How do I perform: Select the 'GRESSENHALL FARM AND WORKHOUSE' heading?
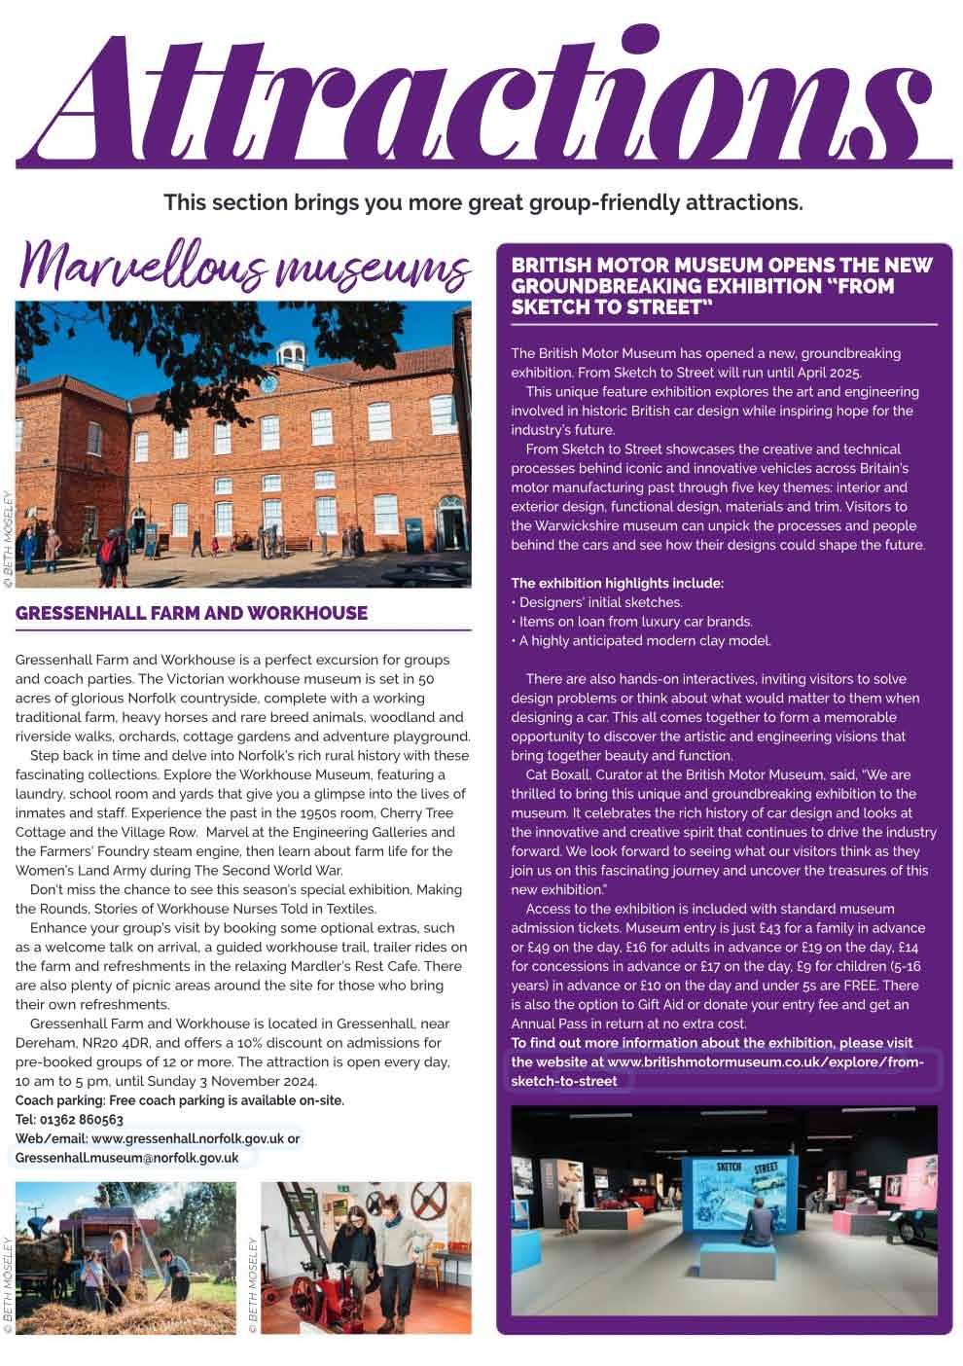coord(192,613)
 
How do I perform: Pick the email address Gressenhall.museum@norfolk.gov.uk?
coord(127,1158)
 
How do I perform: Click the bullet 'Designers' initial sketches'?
coord(600,602)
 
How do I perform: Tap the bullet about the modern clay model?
coord(644,640)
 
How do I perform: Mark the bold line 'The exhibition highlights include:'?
coord(617,584)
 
